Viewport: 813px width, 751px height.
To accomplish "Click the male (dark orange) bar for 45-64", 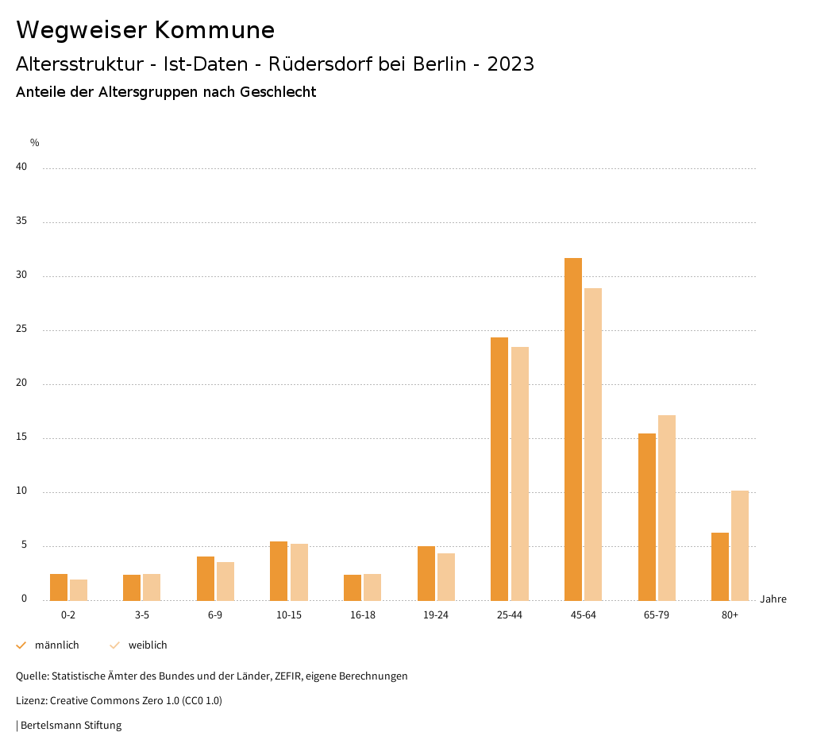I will [x=572, y=429].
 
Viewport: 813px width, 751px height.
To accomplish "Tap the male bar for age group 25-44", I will [x=499, y=468].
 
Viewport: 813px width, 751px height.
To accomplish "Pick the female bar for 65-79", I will [x=666, y=507].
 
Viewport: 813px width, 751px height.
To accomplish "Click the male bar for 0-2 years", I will [x=59, y=587].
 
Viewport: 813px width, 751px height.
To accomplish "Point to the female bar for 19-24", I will [x=445, y=576].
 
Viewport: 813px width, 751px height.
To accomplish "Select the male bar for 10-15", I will [x=279, y=571].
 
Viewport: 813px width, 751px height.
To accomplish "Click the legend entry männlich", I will [x=56, y=645].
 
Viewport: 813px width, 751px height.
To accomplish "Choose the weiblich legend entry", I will [x=148, y=645].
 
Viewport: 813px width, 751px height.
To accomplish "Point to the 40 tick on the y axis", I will [x=21, y=168].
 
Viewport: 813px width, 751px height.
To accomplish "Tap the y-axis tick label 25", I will [x=21, y=329].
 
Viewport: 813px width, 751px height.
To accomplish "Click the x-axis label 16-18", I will [x=362, y=615].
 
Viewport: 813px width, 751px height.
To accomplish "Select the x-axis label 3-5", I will [x=142, y=615].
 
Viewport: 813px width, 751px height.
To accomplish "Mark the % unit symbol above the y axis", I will [x=35, y=143].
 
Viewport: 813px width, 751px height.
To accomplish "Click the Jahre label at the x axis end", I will [x=773, y=599].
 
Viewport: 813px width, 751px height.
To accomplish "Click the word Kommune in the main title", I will [x=214, y=30].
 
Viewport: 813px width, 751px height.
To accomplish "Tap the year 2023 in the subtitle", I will [x=511, y=64].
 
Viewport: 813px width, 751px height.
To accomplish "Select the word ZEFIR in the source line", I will [x=295, y=676].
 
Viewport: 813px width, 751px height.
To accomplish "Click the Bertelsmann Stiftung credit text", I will [x=71, y=726].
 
